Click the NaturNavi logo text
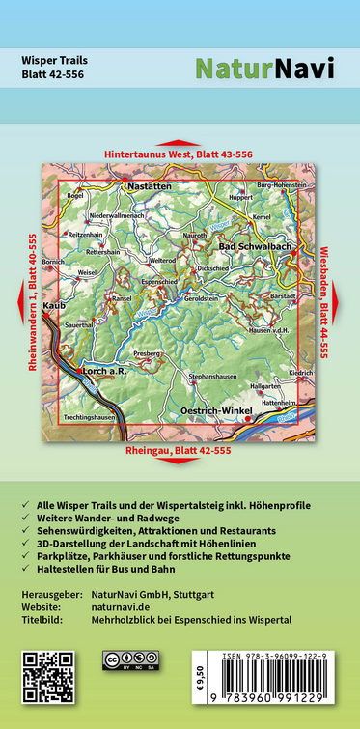point(264,69)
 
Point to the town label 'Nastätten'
point(150,182)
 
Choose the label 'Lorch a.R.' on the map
point(104,370)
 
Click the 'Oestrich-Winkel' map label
point(214,411)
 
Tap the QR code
point(47,676)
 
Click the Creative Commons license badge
point(130,659)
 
